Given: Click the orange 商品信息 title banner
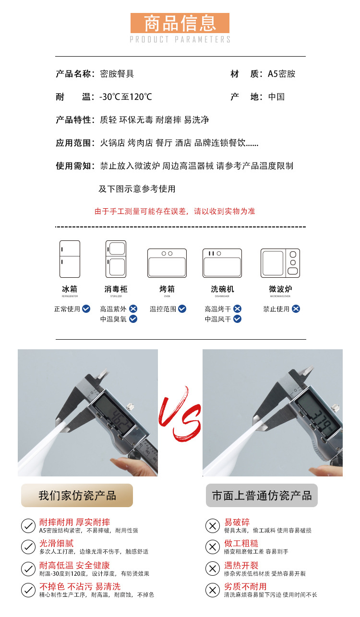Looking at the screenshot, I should (x=180, y=23).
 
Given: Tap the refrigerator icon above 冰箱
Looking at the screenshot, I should (x=70, y=259).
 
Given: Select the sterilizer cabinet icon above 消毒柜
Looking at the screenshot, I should (x=116, y=259).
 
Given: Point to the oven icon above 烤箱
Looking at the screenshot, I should (x=167, y=263).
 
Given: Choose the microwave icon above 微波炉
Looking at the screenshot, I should (x=280, y=263).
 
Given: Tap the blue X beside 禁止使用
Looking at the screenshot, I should (x=296, y=309).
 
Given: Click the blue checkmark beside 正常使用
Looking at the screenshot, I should (x=86, y=309).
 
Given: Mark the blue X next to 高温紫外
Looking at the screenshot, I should (x=133, y=309).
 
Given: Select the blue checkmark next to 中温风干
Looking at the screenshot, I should (x=237, y=319).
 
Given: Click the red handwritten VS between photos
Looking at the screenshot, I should (x=180, y=414).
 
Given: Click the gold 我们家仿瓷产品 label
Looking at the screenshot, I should (x=77, y=496).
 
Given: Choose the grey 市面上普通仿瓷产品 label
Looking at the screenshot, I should (x=262, y=496).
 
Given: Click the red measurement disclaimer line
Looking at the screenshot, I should (x=175, y=211).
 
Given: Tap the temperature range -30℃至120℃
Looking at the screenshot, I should (x=125, y=97).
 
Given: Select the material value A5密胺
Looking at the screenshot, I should (x=281, y=74).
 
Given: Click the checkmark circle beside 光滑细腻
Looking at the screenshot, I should (x=28, y=547).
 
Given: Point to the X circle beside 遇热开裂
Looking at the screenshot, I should (x=212, y=569).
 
